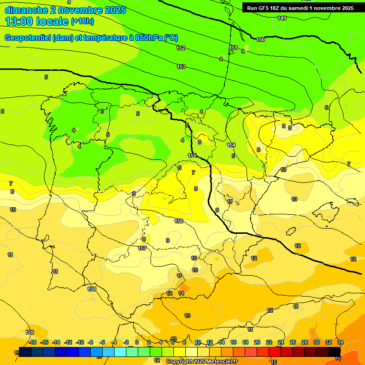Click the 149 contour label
pyautogui.click(x=282, y=18)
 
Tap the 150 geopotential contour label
pyautogui.click(x=260, y=39)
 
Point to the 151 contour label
pyautogui.click(x=233, y=48)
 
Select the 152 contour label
pyautogui.click(x=181, y=48)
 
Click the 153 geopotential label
pyautogui.click(x=181, y=67)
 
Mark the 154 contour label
pyautogui.click(x=231, y=145)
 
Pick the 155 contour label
pyautogui.click(x=192, y=155)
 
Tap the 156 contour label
pyautogui.click(x=179, y=221)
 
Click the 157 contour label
pyautogui.click(x=142, y=248)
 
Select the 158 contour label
pyautogui.click(x=92, y=288)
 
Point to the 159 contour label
pyautogui.click(x=30, y=332)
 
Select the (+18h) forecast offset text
pyautogui.click(x=82, y=21)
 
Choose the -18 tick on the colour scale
pyautogui.click(x=32, y=342)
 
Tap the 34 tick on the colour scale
pyautogui.click(x=340, y=342)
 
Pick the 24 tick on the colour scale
pyautogui.click(x=281, y=342)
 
